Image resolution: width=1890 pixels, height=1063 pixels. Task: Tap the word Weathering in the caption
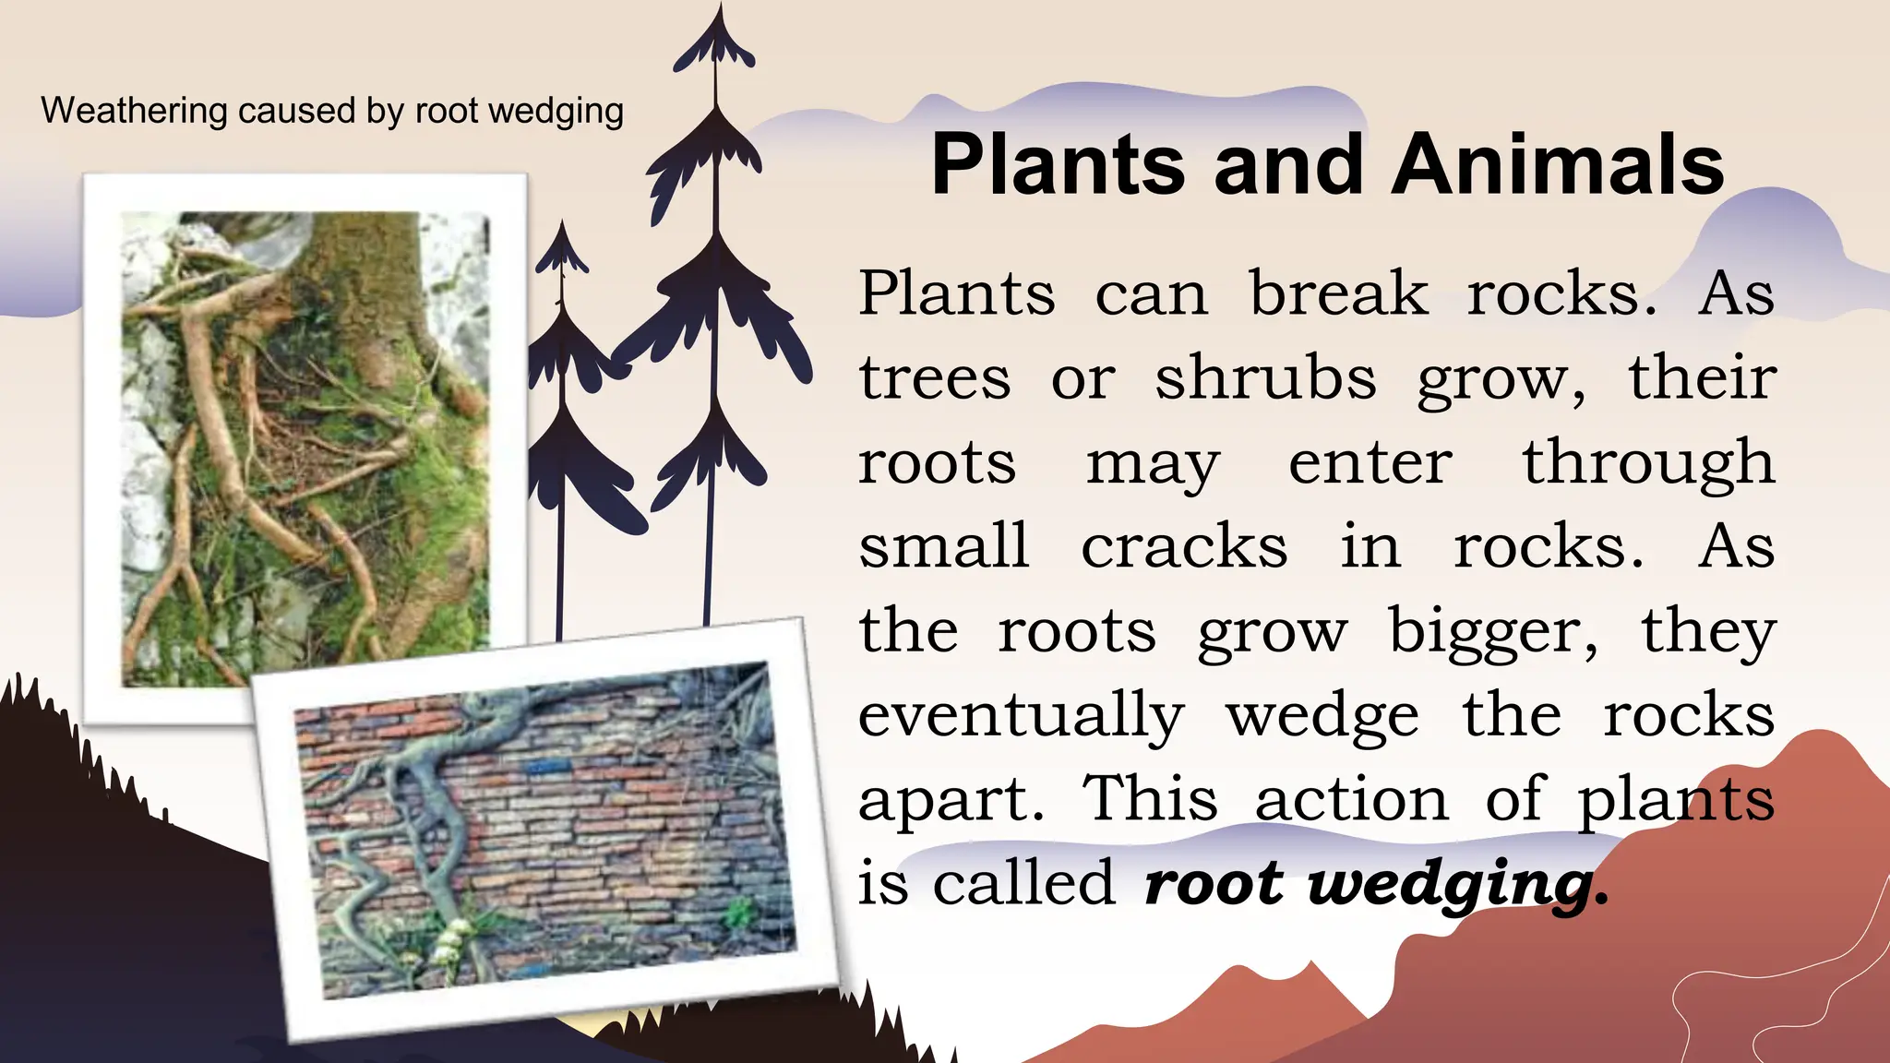pyautogui.click(x=134, y=111)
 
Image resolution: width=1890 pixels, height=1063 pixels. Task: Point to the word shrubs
pyautogui.click(x=1265, y=378)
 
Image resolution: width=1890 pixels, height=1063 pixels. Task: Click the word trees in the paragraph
pyautogui.click(x=935, y=378)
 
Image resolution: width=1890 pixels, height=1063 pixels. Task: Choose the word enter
pyautogui.click(x=1370, y=462)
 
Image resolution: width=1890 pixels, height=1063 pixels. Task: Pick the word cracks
pyautogui.click(x=1184, y=546)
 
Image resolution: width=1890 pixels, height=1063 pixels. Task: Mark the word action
pyautogui.click(x=1352, y=799)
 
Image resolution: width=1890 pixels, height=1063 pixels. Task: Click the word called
pyautogui.click(x=1023, y=882)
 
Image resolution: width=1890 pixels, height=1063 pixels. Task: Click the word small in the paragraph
pyautogui.click(x=943, y=546)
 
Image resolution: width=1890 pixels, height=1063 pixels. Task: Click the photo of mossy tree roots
pyautogui.click(x=305, y=443)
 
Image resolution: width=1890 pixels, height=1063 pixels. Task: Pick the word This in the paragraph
pyautogui.click(x=1150, y=798)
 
